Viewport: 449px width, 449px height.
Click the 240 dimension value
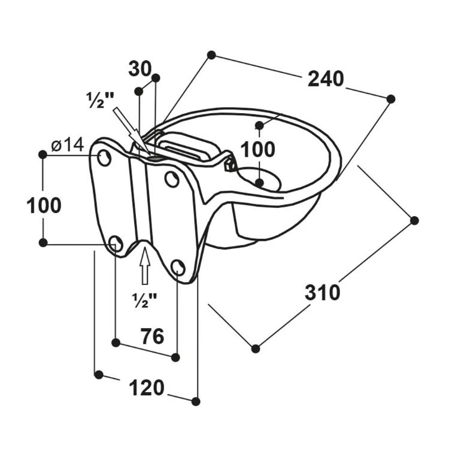pyautogui.click(x=326, y=79)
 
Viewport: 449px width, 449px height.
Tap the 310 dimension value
pyautogui.click(x=322, y=292)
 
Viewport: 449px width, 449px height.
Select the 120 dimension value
pyautogui.click(x=147, y=388)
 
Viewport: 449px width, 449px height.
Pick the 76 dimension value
pyautogui.click(x=152, y=336)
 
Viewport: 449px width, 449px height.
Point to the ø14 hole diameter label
pyautogui.click(x=67, y=144)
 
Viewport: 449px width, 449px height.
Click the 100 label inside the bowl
pyautogui.click(x=259, y=150)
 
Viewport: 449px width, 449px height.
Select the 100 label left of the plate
pyautogui.click(x=44, y=205)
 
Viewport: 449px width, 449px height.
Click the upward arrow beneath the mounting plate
pyautogui.click(x=144, y=266)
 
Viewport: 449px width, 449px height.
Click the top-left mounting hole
pyautogui.click(x=105, y=158)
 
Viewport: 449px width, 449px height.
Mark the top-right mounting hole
pyautogui.click(x=172, y=178)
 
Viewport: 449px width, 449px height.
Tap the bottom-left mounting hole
pyautogui.click(x=116, y=243)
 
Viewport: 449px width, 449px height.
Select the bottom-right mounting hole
pyautogui.click(x=178, y=267)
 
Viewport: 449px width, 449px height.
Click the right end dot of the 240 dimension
pyautogui.click(x=391, y=98)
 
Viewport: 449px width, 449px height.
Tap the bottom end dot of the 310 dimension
pyautogui.click(x=256, y=348)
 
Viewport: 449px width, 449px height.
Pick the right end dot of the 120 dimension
pyautogui.click(x=195, y=401)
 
